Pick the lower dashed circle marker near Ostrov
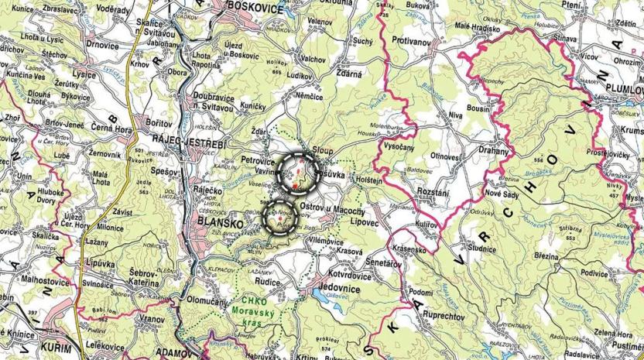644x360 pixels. coord(280,218)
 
